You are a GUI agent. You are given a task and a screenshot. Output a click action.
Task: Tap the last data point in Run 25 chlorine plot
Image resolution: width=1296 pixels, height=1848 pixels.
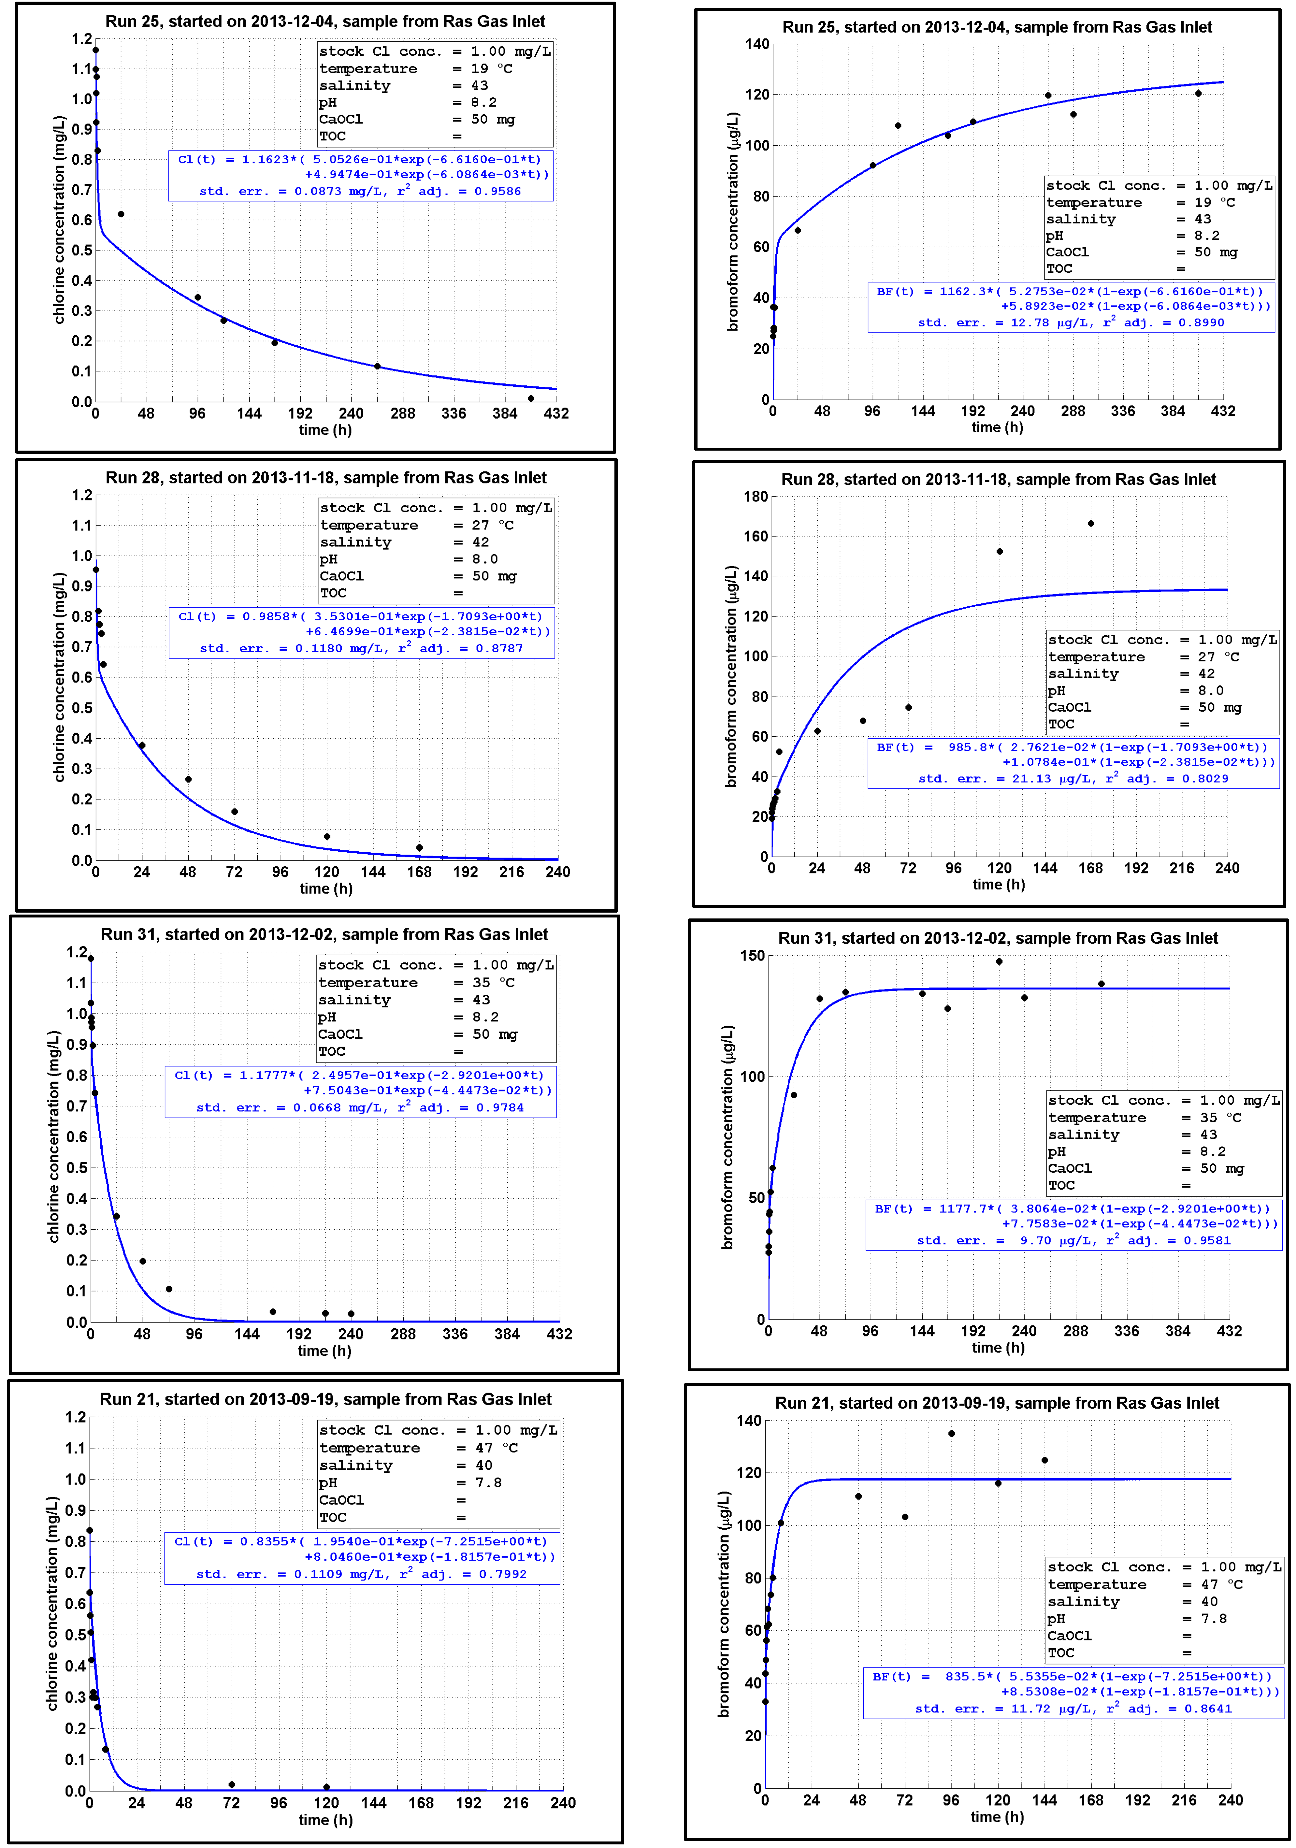click(x=530, y=398)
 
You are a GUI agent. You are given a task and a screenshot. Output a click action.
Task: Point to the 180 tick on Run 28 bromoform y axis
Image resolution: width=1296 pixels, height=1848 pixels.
click(x=755, y=497)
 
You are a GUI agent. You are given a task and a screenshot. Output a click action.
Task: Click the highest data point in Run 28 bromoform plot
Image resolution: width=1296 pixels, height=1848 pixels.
click(x=1091, y=524)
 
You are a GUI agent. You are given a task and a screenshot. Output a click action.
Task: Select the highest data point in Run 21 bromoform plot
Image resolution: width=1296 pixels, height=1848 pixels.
click(x=951, y=1434)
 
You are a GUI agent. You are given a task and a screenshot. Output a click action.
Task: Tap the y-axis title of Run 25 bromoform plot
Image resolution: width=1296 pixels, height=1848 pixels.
click(x=732, y=222)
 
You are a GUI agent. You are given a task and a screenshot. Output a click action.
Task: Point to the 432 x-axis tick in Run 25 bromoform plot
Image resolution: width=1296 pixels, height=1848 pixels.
click(x=1223, y=411)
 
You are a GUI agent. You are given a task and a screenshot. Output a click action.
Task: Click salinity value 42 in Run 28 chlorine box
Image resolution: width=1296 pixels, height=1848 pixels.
click(x=481, y=542)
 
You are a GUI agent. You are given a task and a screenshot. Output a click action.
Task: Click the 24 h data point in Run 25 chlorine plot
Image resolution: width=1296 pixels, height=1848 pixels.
click(x=121, y=214)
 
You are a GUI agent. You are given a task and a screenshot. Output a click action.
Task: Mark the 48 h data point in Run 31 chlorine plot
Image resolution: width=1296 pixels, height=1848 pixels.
click(x=142, y=1261)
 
